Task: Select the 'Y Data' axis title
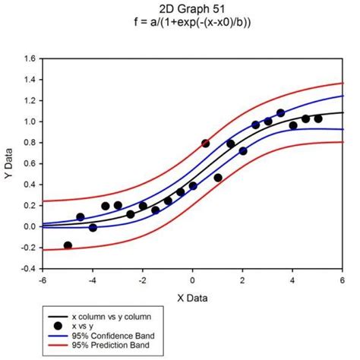pyautogui.click(x=8, y=163)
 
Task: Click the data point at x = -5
pyautogui.click(x=68, y=245)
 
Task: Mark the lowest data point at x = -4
pyautogui.click(x=93, y=227)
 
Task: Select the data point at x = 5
pyautogui.click(x=318, y=118)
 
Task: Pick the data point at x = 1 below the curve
pyautogui.click(x=218, y=178)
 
